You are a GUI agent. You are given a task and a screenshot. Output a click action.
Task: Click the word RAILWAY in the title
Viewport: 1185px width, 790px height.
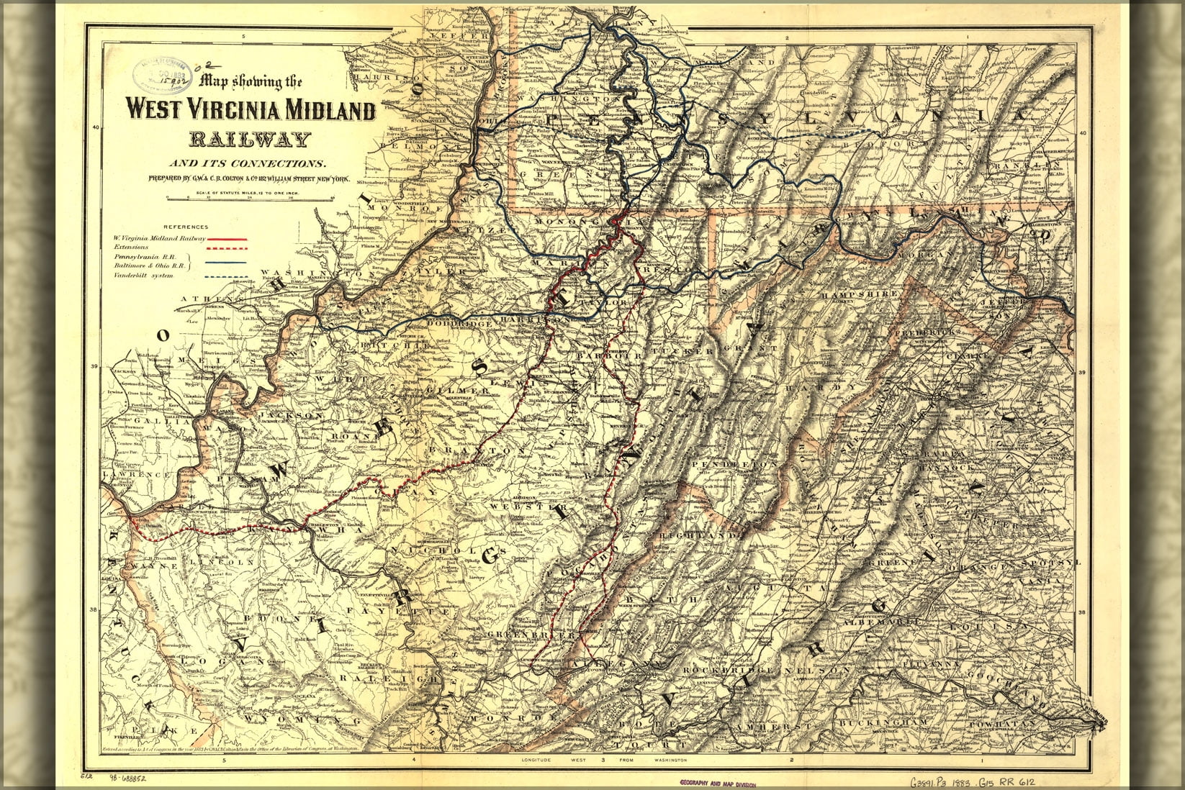[x=251, y=140]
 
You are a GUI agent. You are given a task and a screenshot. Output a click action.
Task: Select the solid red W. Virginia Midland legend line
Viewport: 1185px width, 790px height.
[x=227, y=238]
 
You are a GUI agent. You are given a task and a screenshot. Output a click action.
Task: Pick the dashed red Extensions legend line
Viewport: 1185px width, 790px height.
[x=227, y=248]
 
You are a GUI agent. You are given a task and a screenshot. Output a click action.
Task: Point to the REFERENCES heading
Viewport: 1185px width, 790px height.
[x=186, y=227]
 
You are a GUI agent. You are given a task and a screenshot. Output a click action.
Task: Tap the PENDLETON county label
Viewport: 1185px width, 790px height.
[x=734, y=465]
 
